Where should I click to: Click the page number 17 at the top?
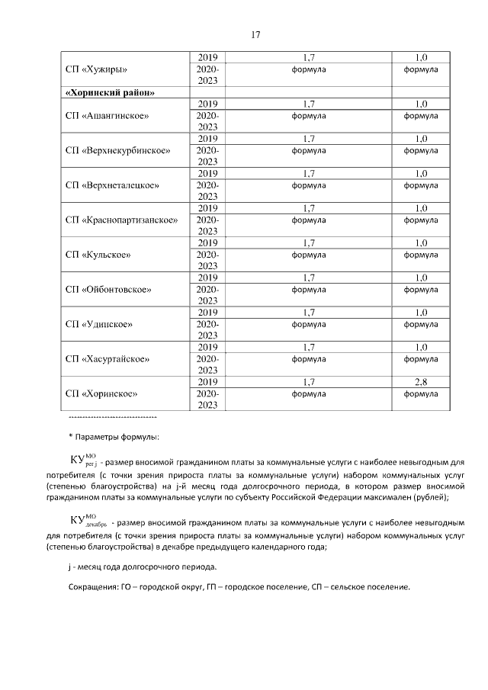pyautogui.click(x=256, y=35)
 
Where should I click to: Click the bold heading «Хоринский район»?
pyautogui.click(x=111, y=92)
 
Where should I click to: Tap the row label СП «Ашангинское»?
pyautogui.click(x=107, y=115)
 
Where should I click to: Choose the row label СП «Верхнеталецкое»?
pyautogui.click(x=112, y=185)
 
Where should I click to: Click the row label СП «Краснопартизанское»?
pyautogui.click(x=121, y=220)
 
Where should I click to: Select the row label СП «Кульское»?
pyautogui.click(x=98, y=255)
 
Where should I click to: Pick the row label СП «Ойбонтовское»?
pyautogui.click(x=108, y=290)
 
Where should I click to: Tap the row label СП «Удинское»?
pyautogui.click(x=99, y=324)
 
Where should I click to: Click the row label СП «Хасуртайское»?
pyautogui.click(x=108, y=358)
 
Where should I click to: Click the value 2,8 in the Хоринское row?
pyautogui.click(x=420, y=381)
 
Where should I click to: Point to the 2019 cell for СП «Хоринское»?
pyautogui.click(x=207, y=381)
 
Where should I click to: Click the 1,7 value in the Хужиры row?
pyautogui.click(x=309, y=57)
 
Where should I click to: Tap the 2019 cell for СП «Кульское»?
pyautogui.click(x=207, y=242)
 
